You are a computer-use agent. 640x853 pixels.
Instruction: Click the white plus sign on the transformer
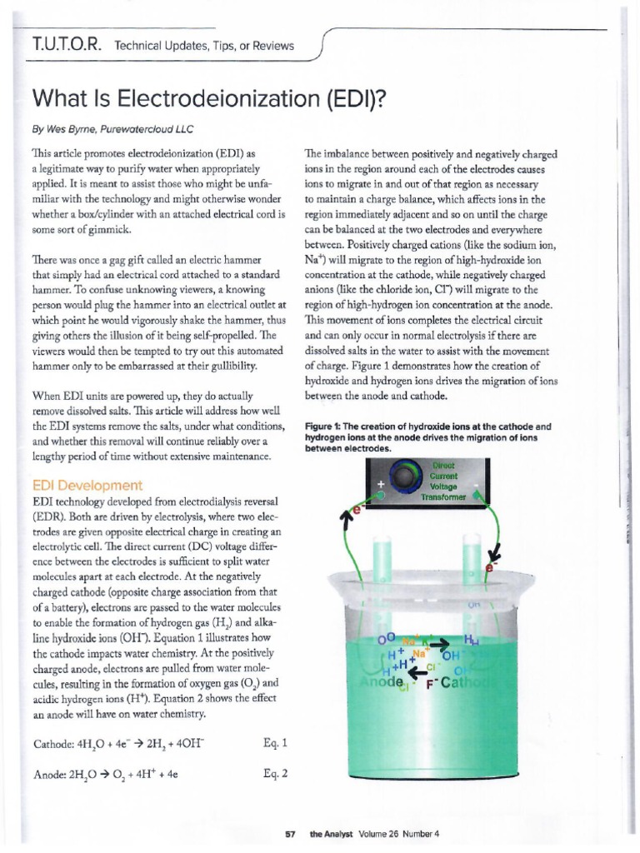pyautogui.click(x=382, y=481)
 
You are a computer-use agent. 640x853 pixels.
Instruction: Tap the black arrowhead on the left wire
pyautogui.click(x=342, y=521)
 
